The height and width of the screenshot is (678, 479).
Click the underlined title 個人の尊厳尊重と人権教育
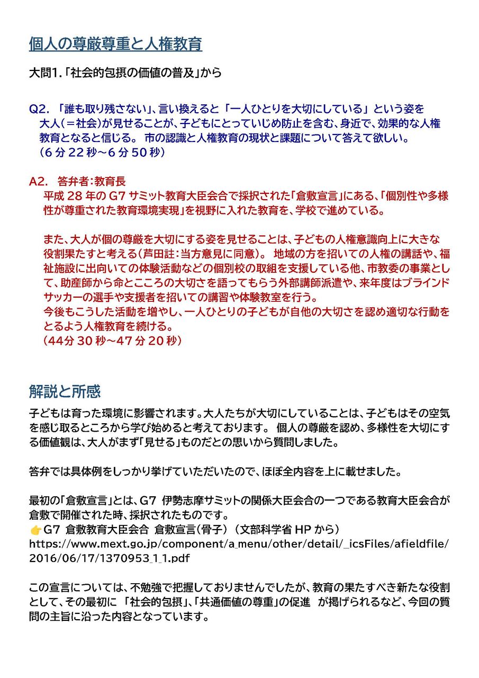click(x=115, y=44)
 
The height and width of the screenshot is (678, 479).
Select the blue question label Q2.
click(x=39, y=109)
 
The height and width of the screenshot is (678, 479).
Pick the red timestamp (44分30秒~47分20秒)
click(x=113, y=341)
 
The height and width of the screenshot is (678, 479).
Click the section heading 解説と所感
click(x=65, y=392)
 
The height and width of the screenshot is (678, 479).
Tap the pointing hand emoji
click(x=35, y=530)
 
